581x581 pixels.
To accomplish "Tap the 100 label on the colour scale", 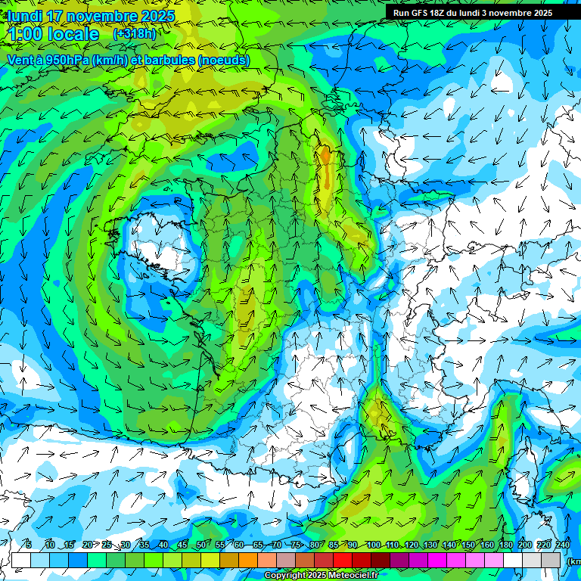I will pyautogui.click(x=373, y=545).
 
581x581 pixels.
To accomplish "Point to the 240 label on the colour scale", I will pyautogui.click(x=563, y=545).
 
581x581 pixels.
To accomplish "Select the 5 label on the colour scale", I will pyautogui.click(x=29, y=545).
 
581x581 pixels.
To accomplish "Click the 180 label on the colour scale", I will pyautogui.click(x=506, y=545).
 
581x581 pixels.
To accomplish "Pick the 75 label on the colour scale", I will pyautogui.click(x=297, y=545).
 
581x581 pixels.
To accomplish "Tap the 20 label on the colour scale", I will pyautogui.click(x=87, y=545).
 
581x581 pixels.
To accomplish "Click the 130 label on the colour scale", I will pyautogui.click(x=430, y=545).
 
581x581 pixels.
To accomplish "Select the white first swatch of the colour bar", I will pyautogui.click(x=21, y=560).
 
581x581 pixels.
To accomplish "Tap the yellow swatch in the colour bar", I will pyautogui.click(x=211, y=560).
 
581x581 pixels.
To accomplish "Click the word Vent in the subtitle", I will pyautogui.click(x=21, y=60).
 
